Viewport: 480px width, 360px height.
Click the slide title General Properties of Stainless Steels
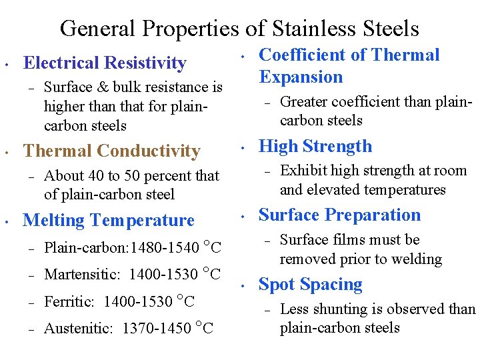pos(239,29)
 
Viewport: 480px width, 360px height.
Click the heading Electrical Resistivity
pos(105,63)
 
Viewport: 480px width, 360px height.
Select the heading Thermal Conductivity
pos(111,151)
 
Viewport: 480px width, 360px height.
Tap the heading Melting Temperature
pos(109,220)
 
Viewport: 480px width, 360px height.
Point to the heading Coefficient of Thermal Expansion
pos(349,65)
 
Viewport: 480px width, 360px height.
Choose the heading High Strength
pos(315,147)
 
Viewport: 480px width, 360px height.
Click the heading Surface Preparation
pos(339,215)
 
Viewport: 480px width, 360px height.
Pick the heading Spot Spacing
pos(310,285)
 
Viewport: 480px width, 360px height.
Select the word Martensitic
pos(81,274)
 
